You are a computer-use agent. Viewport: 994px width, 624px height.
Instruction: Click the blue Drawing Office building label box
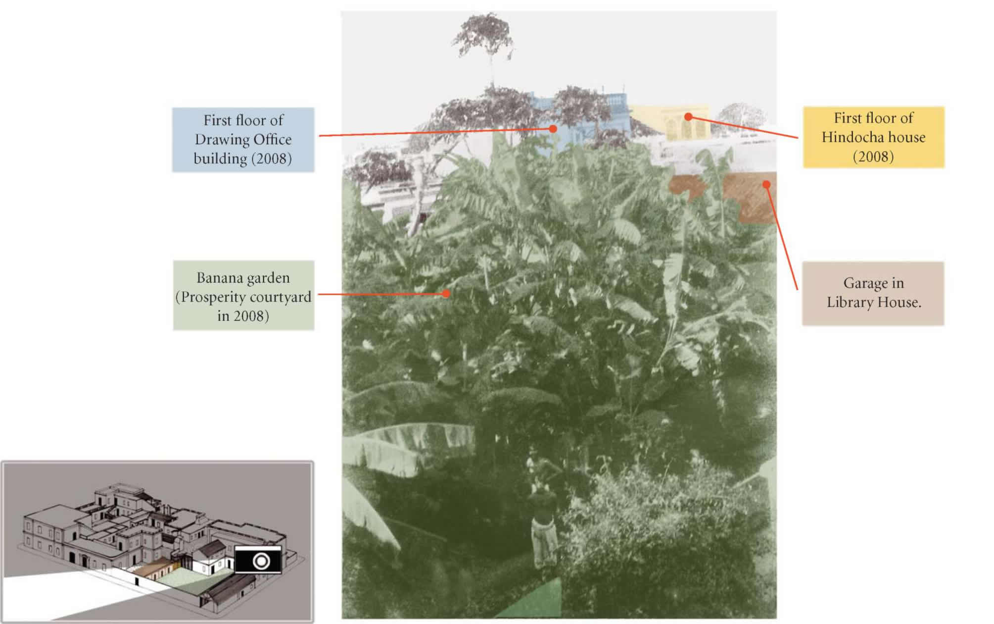243,140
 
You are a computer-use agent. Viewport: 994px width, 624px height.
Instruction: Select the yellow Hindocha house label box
873,137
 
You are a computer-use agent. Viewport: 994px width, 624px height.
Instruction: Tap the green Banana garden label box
243,296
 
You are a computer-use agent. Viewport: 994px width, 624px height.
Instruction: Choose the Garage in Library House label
873,293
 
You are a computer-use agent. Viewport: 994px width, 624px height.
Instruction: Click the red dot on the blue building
553,129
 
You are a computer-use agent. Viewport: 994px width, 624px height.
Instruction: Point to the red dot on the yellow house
688,117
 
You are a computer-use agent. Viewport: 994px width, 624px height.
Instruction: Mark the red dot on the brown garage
766,185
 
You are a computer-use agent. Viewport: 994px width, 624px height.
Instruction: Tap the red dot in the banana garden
446,294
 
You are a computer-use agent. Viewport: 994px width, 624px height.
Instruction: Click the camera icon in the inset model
258,560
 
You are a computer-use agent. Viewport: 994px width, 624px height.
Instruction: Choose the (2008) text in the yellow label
873,156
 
